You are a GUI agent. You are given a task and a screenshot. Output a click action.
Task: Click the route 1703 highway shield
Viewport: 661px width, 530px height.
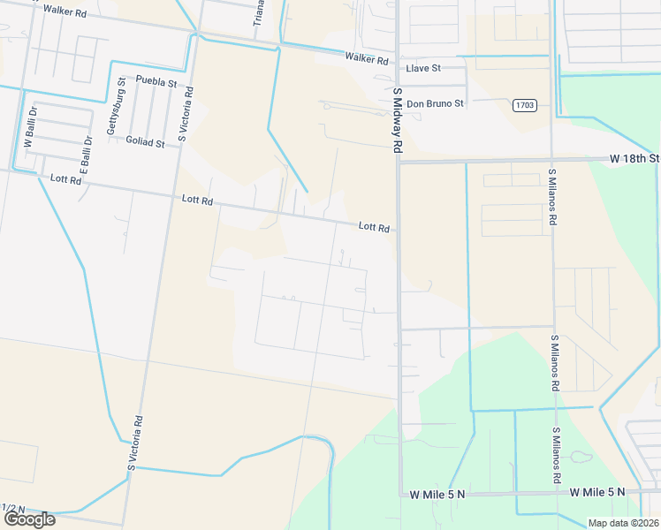[x=524, y=105]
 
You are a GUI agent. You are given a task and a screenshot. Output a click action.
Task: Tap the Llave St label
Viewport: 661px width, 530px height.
[x=422, y=68]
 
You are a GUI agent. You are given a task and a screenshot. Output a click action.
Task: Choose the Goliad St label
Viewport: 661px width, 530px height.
[x=145, y=142]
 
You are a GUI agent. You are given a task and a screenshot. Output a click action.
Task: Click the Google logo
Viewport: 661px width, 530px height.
[x=28, y=519]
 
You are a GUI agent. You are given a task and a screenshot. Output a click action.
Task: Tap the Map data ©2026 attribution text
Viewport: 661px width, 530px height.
[x=623, y=523]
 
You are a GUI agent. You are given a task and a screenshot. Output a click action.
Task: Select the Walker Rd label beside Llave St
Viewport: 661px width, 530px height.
[x=367, y=58]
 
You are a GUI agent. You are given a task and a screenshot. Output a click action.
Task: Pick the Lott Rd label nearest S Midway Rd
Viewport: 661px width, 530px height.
[x=374, y=227]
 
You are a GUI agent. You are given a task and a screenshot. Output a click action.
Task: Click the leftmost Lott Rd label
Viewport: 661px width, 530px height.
[x=66, y=179]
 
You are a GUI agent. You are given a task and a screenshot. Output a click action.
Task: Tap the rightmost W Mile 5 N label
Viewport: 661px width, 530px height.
[x=596, y=491]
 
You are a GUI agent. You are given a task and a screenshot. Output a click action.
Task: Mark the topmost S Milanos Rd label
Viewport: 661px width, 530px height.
[x=552, y=196]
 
